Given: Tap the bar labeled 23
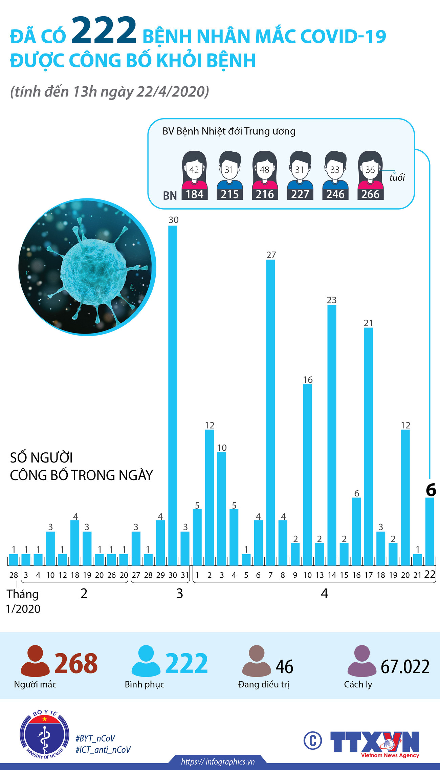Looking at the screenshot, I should pyautogui.click(x=332, y=435).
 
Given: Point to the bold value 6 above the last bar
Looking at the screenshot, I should pyautogui.click(x=431, y=490).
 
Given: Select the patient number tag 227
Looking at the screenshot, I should pyautogui.click(x=300, y=194).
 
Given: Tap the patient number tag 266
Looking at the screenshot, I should pyautogui.click(x=370, y=194).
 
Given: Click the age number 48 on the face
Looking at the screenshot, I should pyautogui.click(x=264, y=170).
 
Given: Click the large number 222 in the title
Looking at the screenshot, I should pyautogui.click(x=104, y=31).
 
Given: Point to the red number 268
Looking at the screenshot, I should pyautogui.click(x=76, y=663).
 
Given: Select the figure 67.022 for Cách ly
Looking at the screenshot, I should pyautogui.click(x=405, y=667).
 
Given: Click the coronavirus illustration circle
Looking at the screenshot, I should pyautogui.click(x=87, y=267).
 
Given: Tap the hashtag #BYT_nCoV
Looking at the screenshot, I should pyautogui.click(x=95, y=739).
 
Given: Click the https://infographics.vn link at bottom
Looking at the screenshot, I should pyautogui.click(x=218, y=762).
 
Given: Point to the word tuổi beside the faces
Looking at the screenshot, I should pyautogui.click(x=397, y=177).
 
